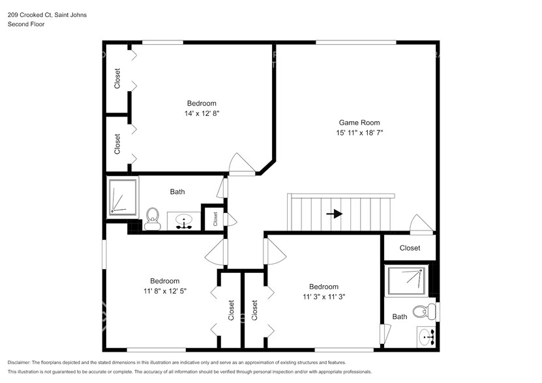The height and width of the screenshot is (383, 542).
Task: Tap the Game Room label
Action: (359, 122)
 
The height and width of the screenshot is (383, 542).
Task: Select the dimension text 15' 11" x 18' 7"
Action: (359, 133)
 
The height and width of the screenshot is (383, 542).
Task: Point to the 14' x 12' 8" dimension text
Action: (202, 113)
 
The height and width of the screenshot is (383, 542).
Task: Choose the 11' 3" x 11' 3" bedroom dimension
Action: (324, 296)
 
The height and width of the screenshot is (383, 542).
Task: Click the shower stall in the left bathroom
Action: (122, 197)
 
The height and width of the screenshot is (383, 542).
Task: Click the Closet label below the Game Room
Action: (410, 248)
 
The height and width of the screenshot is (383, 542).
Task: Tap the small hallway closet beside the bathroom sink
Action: (215, 219)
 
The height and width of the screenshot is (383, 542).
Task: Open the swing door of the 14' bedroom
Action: (243, 164)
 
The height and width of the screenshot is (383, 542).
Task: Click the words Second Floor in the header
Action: (26, 24)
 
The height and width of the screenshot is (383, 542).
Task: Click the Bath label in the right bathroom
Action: (400, 317)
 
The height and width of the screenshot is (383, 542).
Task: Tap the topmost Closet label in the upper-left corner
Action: (117, 79)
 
